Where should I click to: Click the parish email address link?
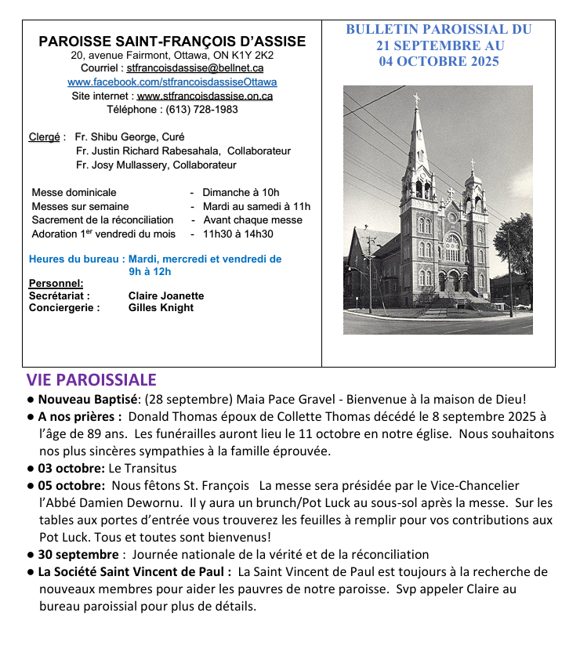[x=194, y=69]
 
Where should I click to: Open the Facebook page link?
[x=172, y=82]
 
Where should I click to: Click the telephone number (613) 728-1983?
[x=201, y=109]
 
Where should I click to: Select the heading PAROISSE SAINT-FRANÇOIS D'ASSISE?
[x=172, y=42]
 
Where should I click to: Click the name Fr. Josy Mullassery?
[x=121, y=165]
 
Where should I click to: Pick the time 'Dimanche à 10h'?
[x=241, y=192]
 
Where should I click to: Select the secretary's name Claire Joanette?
[x=166, y=295]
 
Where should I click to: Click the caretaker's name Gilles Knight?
[x=161, y=308]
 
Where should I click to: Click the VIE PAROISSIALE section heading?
[x=91, y=380]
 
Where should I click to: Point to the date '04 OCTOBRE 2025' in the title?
[x=438, y=62]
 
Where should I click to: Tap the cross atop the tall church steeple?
[x=416, y=99]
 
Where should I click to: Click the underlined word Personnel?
[x=56, y=283]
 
